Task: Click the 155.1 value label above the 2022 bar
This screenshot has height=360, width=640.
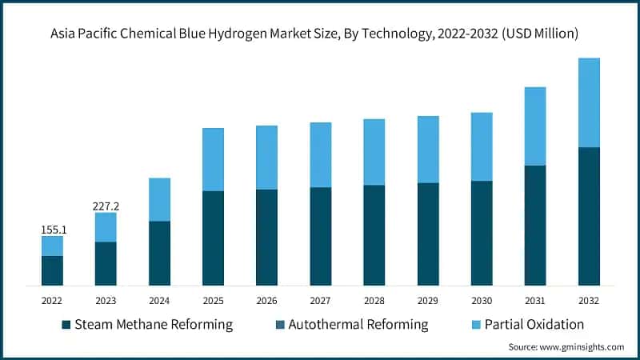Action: (x=52, y=230)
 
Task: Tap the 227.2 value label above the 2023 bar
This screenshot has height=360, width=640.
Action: (x=106, y=206)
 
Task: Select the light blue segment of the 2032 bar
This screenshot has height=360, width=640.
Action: (x=589, y=102)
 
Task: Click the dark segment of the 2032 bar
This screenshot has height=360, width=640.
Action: (x=589, y=216)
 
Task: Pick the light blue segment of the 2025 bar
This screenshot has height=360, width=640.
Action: (x=213, y=159)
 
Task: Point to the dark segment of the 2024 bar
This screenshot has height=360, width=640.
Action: (x=159, y=253)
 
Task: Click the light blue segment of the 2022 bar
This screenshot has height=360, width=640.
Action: (x=52, y=246)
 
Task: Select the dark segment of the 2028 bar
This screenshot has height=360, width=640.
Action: (x=374, y=235)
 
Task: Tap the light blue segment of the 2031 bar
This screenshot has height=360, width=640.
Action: (x=535, y=126)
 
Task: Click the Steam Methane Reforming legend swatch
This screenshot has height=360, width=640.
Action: (x=66, y=325)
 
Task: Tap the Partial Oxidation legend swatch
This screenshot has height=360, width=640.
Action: (x=456, y=325)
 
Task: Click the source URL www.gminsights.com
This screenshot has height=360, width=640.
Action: (x=582, y=346)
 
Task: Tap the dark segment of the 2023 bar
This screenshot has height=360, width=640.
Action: (x=106, y=263)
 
